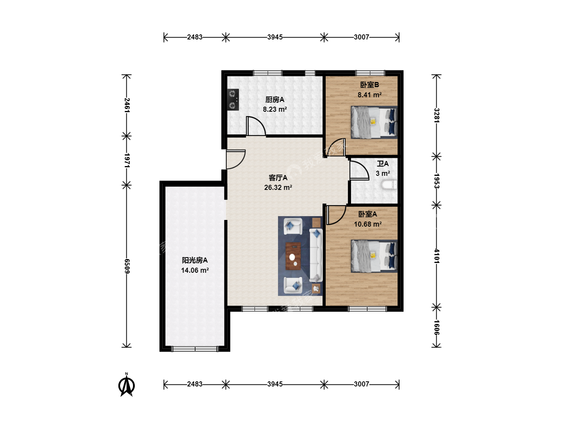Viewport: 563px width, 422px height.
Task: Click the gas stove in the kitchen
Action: (x=233, y=100)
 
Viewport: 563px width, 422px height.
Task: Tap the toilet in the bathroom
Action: (x=389, y=185)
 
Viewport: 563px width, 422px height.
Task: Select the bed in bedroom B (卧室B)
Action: (x=374, y=122)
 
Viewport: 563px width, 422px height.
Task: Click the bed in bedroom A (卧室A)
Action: (x=374, y=256)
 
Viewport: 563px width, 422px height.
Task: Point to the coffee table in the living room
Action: (x=293, y=256)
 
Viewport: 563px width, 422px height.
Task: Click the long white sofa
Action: (x=316, y=255)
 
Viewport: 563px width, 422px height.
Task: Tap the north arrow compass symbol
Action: (x=126, y=385)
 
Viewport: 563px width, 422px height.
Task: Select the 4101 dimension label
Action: (x=437, y=256)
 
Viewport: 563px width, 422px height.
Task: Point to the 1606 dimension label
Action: (x=437, y=327)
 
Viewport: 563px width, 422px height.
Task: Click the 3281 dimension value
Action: (x=437, y=115)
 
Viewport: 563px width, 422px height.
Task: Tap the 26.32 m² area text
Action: (x=278, y=188)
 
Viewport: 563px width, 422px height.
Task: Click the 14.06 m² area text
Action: (x=195, y=270)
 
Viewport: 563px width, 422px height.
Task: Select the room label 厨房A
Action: (x=275, y=99)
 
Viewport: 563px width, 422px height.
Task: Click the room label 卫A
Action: (x=383, y=163)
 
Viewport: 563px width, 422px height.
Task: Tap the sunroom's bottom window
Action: (x=195, y=349)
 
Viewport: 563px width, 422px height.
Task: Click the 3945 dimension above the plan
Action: (x=275, y=37)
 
